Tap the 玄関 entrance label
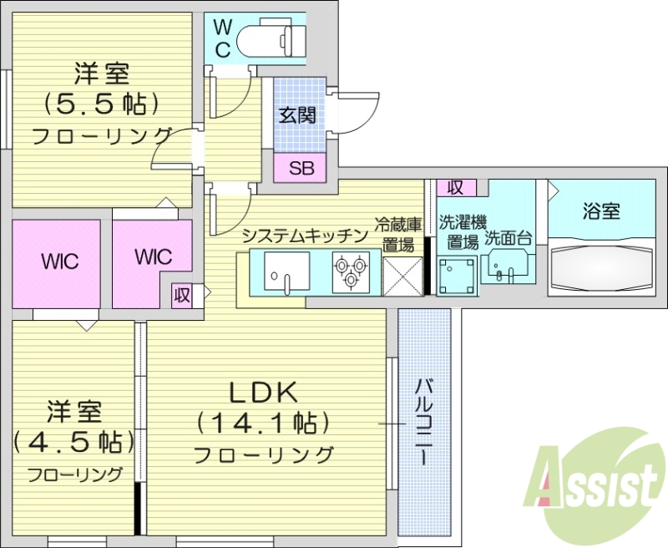pyautogui.click(x=296, y=116)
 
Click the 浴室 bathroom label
pyautogui.click(x=601, y=211)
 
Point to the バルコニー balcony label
pyautogui.click(x=424, y=421)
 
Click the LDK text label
pyautogui.click(x=264, y=393)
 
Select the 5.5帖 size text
pyautogui.click(x=102, y=104)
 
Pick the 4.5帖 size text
pyautogui.click(x=73, y=441)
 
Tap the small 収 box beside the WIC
pyautogui.click(x=182, y=294)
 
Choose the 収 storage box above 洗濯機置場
pyautogui.click(x=456, y=187)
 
